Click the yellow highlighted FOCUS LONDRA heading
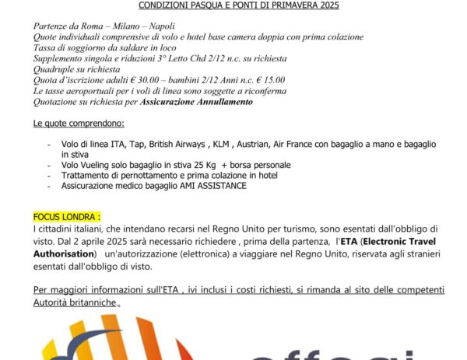tap(68, 217)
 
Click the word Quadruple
tap(54, 69)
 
